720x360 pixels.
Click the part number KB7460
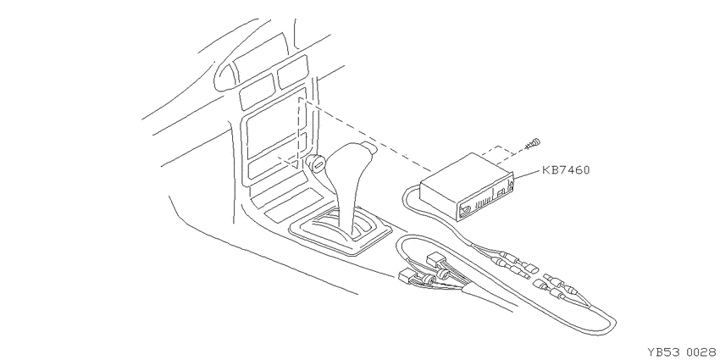(566, 170)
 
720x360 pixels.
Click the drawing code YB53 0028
(681, 352)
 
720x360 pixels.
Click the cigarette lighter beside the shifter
(317, 163)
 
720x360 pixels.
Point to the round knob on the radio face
(466, 210)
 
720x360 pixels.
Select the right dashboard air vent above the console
(292, 71)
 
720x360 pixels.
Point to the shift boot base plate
(341, 231)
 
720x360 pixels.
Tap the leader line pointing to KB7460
(527, 174)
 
